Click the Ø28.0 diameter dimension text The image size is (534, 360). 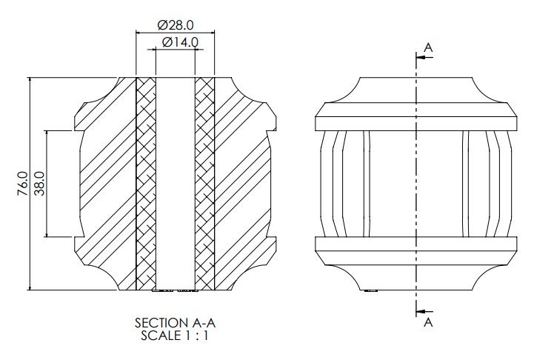point(176,25)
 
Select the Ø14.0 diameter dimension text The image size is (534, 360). point(180,42)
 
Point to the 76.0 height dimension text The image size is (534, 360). point(23,184)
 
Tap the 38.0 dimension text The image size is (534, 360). point(39,184)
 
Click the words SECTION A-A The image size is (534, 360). point(175,322)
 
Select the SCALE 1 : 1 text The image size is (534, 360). point(174,336)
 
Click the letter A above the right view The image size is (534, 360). point(428,47)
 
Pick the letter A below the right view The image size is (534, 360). point(428,322)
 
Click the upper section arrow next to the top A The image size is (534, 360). point(424,57)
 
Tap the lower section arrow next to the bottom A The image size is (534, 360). point(424,311)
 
